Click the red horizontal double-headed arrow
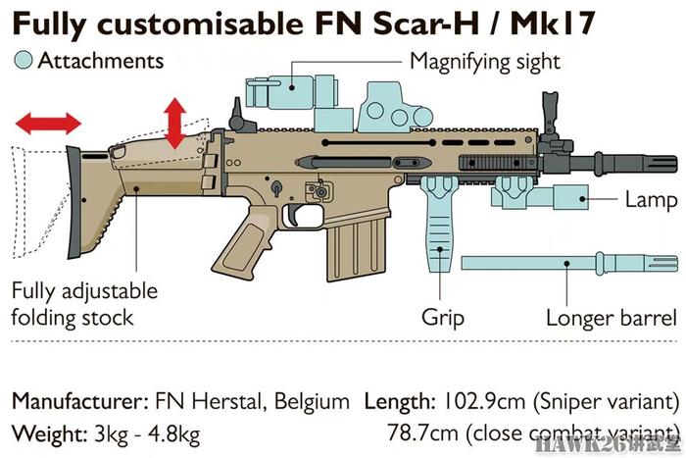(x=48, y=123)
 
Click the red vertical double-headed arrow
(x=175, y=124)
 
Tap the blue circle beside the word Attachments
(x=24, y=60)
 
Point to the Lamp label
(x=651, y=200)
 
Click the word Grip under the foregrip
(x=442, y=318)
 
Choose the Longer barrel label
(x=612, y=318)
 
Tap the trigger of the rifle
(x=293, y=215)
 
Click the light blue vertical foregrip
(x=440, y=224)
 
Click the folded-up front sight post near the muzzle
(x=551, y=116)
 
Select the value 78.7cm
(x=423, y=433)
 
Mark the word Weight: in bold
(x=50, y=434)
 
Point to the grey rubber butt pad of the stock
(x=74, y=202)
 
